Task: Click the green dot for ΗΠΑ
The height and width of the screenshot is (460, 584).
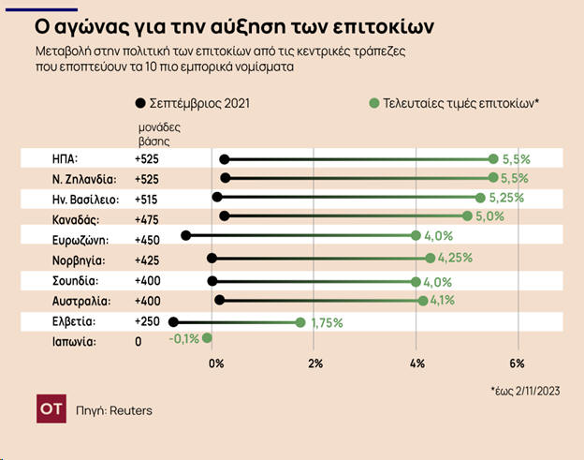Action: click(x=493, y=159)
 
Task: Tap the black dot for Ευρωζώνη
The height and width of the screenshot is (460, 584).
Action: click(x=185, y=236)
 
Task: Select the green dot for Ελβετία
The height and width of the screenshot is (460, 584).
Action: click(x=300, y=322)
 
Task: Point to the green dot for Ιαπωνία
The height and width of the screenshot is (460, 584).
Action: click(x=208, y=338)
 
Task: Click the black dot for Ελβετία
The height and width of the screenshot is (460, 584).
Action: click(x=173, y=322)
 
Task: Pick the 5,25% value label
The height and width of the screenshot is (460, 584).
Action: click(x=506, y=198)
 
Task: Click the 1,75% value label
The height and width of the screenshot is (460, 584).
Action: click(x=327, y=322)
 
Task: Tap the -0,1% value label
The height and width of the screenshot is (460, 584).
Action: click(x=184, y=339)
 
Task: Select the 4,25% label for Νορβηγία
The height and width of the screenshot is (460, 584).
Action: click(x=455, y=258)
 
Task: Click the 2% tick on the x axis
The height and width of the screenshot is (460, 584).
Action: click(x=315, y=364)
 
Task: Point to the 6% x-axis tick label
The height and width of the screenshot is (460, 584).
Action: click(x=517, y=364)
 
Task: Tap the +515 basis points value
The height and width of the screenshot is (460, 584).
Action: click(x=147, y=199)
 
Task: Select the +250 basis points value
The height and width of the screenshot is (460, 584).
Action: click(x=147, y=321)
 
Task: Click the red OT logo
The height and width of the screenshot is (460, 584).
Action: click(x=50, y=409)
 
